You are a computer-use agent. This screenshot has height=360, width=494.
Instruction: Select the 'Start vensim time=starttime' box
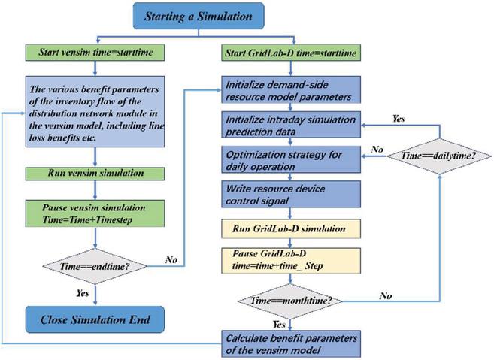click(x=95, y=54)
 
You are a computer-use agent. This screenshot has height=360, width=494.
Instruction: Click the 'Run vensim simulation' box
click(x=95, y=174)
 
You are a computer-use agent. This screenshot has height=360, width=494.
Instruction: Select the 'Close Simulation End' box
click(x=95, y=319)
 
